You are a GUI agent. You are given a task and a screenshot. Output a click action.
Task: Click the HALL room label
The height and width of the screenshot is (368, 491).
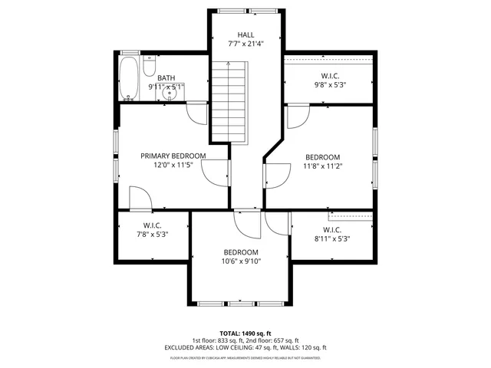[245, 34]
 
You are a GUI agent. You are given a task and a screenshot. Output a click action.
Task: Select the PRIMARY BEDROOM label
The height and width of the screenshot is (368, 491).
[173, 155]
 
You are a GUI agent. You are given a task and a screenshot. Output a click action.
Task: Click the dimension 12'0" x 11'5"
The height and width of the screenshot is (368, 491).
[173, 164]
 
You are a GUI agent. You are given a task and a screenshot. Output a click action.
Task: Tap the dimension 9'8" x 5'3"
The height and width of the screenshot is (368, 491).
[331, 85]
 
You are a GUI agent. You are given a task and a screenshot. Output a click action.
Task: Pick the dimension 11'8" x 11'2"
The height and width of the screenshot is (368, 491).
[322, 165]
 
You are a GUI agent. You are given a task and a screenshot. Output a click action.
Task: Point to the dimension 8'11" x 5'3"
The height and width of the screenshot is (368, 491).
[332, 238]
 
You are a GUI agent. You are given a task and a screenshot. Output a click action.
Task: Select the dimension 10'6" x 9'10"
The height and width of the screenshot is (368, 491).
[242, 261]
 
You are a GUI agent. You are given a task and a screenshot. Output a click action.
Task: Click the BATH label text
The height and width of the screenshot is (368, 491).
[166, 78]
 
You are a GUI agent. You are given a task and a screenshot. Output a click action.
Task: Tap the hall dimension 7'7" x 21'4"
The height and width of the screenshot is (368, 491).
[245, 44]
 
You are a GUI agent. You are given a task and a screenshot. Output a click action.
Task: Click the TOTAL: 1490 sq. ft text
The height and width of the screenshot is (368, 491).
[245, 333]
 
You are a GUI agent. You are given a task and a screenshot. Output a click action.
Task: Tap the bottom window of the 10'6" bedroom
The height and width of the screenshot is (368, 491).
[242, 302]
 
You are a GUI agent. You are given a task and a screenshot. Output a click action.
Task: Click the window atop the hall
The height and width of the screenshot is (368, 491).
[245, 11]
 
